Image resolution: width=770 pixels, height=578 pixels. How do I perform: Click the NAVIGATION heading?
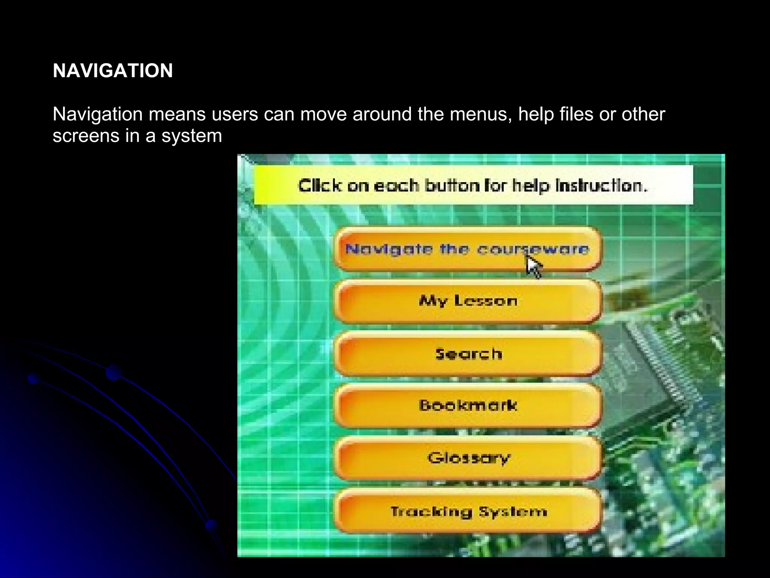click(113, 71)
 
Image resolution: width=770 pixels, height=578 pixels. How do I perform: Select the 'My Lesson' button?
click(468, 301)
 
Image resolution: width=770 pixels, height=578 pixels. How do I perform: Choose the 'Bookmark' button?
click(468, 406)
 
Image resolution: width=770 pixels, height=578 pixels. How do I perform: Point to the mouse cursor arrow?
click(533, 266)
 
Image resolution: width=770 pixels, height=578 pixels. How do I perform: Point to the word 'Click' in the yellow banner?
click(320, 186)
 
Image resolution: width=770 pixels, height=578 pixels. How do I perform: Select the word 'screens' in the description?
click(86, 136)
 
